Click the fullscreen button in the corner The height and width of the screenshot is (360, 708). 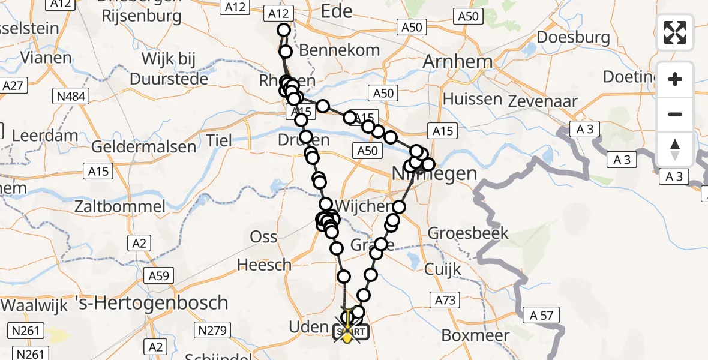pyautogui.click(x=675, y=32)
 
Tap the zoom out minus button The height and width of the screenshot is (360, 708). pyautogui.click(x=675, y=114)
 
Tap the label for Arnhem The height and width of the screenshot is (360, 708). pyautogui.click(x=458, y=61)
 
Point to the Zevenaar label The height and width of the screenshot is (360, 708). pyautogui.click(x=542, y=101)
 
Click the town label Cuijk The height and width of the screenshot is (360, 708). pyautogui.click(x=443, y=269)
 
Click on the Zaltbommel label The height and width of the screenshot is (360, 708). pyautogui.click(x=119, y=207)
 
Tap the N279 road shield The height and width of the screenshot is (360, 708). pyautogui.click(x=212, y=330)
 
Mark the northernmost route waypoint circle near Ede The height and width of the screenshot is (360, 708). pyautogui.click(x=283, y=30)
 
